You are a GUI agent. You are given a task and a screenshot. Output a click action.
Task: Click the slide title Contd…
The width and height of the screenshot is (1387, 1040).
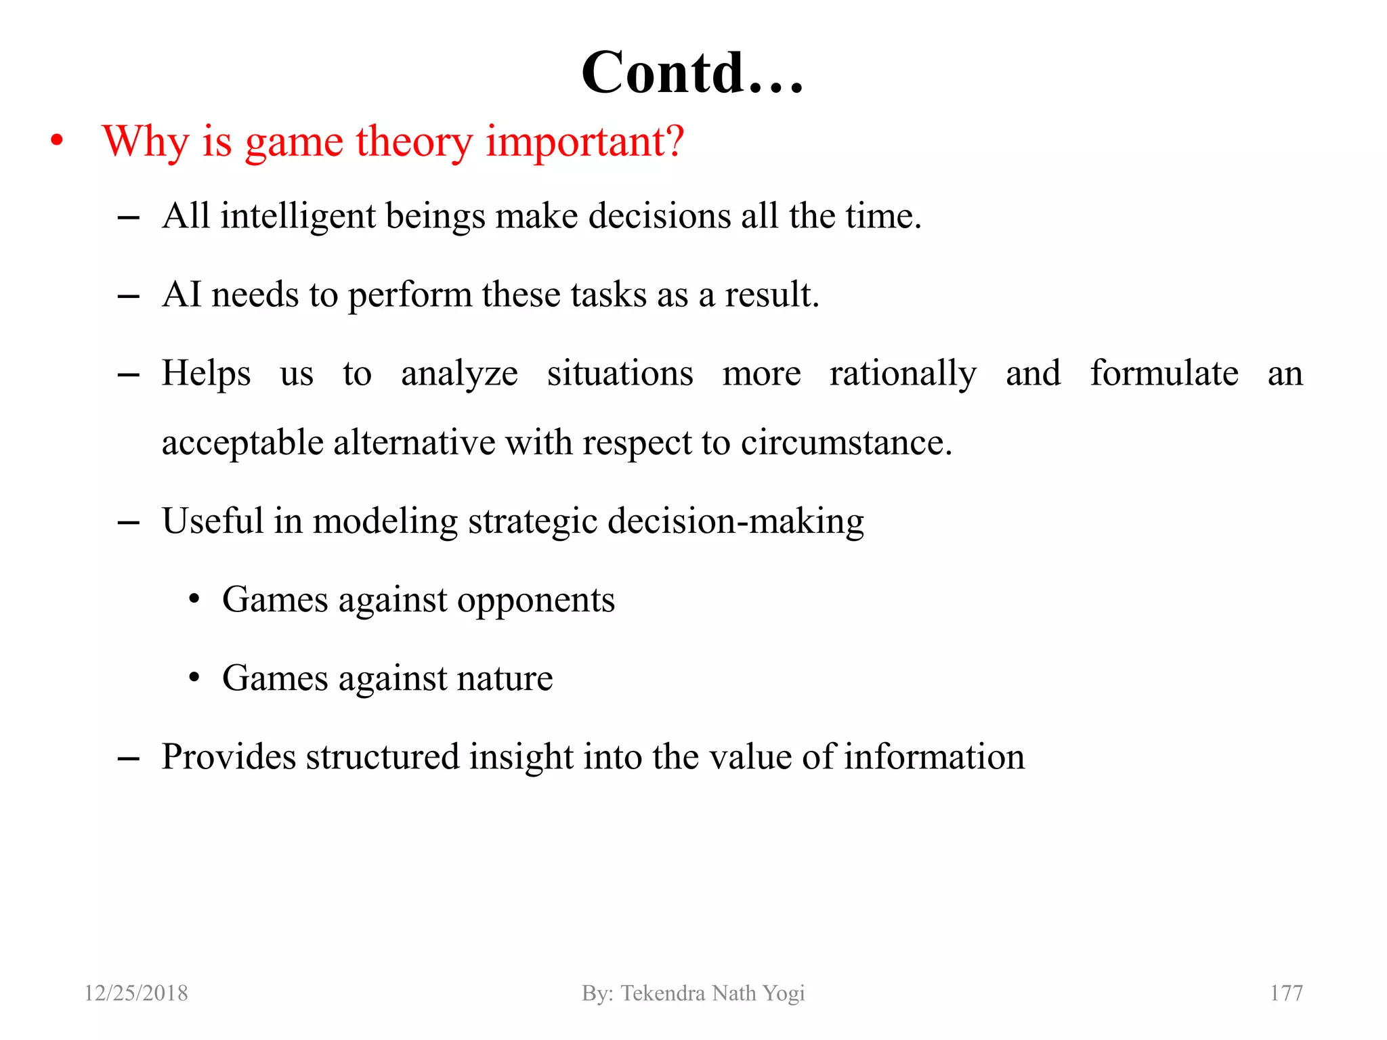pyautogui.click(x=692, y=73)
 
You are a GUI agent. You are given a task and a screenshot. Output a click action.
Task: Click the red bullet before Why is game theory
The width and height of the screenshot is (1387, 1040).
pyautogui.click(x=58, y=142)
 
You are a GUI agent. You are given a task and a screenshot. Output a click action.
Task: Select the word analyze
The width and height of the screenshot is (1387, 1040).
pyautogui.click(x=459, y=374)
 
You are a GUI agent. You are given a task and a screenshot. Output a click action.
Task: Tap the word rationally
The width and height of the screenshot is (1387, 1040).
pyautogui.click(x=903, y=374)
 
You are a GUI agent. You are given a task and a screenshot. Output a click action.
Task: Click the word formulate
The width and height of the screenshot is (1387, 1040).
pyautogui.click(x=1164, y=373)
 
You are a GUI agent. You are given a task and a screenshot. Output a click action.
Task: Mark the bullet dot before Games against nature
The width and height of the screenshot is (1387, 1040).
pyautogui.click(x=194, y=678)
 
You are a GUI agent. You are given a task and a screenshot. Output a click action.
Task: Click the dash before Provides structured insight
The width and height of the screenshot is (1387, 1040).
pyautogui.click(x=128, y=759)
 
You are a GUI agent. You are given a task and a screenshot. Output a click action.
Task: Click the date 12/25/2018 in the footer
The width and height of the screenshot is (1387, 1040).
pyautogui.click(x=136, y=993)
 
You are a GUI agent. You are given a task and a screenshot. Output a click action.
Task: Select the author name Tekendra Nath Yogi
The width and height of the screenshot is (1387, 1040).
pyautogui.click(x=712, y=993)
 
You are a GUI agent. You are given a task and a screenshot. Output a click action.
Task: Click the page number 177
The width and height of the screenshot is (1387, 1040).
pyautogui.click(x=1285, y=993)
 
